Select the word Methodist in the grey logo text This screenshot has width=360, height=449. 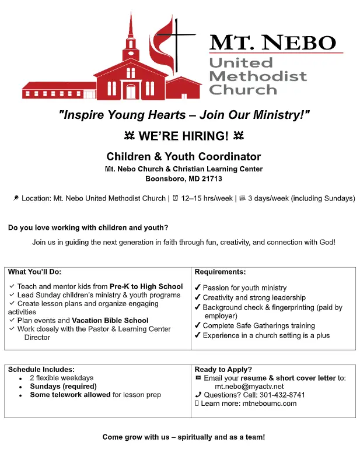pos(257,76)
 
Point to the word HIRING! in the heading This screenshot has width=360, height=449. pos(200,136)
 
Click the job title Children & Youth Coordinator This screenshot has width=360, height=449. pos(183,156)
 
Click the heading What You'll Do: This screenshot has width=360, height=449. pos(35,272)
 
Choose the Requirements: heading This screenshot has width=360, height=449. pos(220,272)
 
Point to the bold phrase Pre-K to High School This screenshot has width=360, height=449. pos(146,286)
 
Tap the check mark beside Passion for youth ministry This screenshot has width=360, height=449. pos(198,287)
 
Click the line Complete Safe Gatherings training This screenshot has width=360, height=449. pos(258,325)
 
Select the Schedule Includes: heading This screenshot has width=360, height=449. pos(41,369)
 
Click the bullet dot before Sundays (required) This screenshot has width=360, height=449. pos(20,387)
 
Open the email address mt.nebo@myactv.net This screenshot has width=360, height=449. pos(249,386)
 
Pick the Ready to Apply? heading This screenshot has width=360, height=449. pos(223,369)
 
